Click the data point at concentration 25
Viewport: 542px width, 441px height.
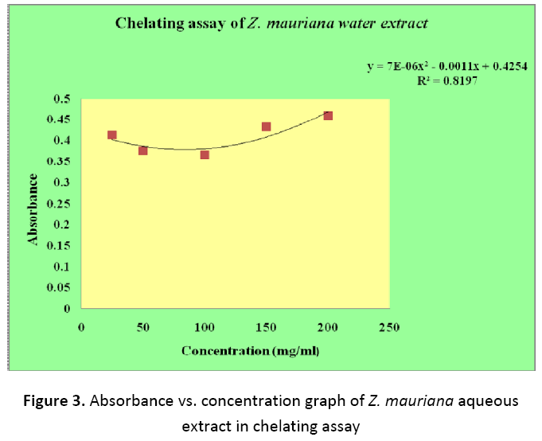[112, 135]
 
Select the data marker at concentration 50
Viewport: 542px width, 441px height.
[143, 150]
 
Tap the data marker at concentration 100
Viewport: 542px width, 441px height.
[205, 154]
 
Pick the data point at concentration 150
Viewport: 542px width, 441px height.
[267, 127]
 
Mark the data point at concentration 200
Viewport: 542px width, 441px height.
[328, 116]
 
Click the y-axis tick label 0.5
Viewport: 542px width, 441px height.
[62, 99]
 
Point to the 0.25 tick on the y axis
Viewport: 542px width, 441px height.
[59, 203]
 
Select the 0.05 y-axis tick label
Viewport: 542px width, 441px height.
[59, 287]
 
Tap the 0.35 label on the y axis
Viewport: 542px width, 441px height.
[59, 162]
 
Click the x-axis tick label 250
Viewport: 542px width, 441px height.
[389, 328]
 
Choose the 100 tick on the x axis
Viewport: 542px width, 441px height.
[205, 328]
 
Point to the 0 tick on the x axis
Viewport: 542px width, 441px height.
[81, 328]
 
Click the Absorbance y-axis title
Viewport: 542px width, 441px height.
[33, 209]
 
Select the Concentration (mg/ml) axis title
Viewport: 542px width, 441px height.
[244, 350]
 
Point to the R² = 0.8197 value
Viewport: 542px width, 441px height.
[450, 82]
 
